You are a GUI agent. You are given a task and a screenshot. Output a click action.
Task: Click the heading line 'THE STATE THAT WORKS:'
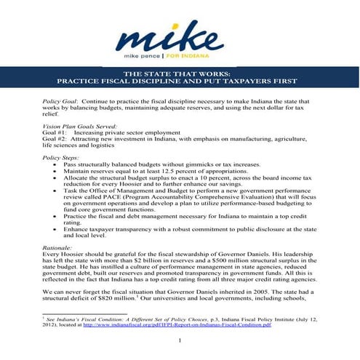tap(180, 73)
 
